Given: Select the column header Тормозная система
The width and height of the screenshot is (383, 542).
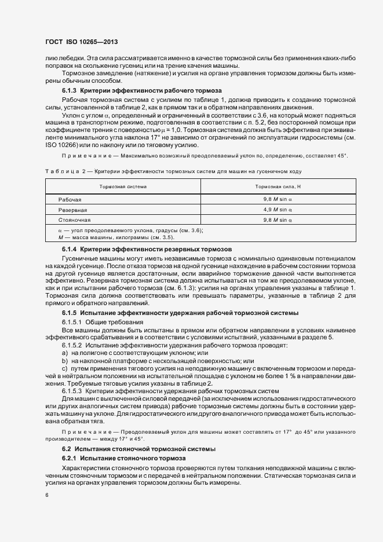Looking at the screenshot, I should [x=123, y=187].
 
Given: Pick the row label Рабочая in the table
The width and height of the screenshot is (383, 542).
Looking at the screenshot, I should [x=70, y=199].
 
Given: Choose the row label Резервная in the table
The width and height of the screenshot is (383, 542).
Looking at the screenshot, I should [x=72, y=210].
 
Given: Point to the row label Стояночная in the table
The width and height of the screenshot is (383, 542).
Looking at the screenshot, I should [x=74, y=220].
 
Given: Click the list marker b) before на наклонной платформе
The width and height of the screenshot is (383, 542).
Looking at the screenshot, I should [x=65, y=360].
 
